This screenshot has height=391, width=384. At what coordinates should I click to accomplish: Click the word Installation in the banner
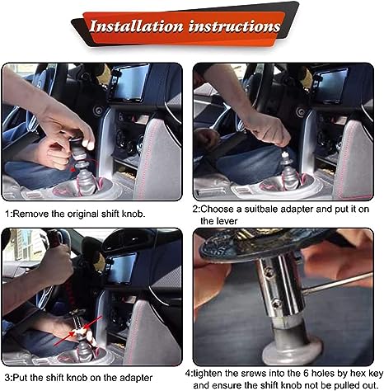136,26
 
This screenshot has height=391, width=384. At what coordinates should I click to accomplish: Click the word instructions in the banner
234,26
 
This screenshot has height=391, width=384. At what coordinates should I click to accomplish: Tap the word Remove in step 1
30,214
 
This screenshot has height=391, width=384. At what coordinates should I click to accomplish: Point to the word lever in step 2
227,221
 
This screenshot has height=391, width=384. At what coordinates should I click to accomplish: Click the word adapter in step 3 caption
135,378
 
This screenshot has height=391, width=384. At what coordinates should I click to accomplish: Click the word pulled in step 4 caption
342,384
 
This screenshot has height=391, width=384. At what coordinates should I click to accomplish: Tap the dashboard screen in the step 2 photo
331,85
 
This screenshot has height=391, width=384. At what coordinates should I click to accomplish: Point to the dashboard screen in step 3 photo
121,268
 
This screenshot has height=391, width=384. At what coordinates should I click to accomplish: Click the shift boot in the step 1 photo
87,185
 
